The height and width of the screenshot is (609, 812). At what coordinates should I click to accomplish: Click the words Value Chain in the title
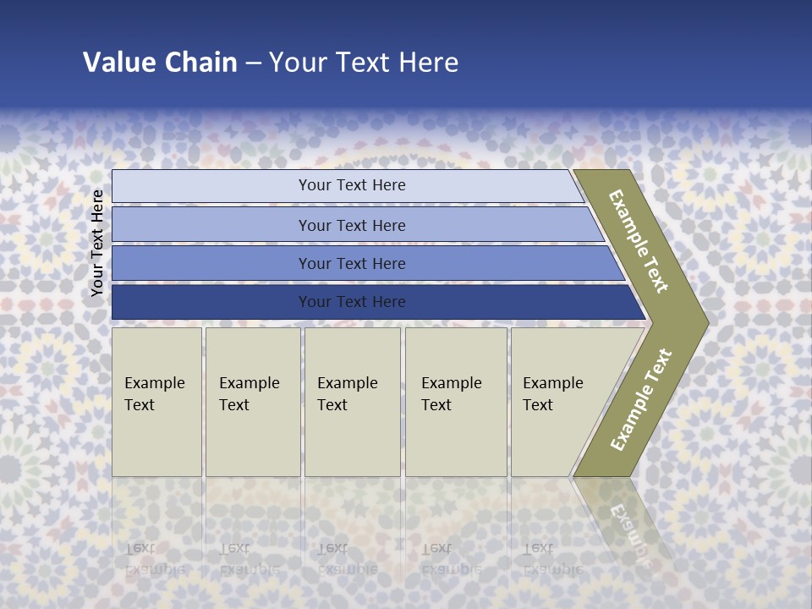160,63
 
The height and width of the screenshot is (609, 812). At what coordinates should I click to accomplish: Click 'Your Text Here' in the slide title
364,63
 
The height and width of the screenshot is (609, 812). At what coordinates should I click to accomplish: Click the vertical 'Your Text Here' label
97,243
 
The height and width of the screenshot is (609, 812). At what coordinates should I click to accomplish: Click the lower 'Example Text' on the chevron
641,399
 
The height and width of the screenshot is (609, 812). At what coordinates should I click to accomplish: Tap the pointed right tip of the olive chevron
705,322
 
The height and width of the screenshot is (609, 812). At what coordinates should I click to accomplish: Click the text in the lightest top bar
352,185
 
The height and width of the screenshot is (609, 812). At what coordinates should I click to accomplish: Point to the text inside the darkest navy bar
352,302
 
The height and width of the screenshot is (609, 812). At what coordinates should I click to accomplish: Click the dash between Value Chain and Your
253,63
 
